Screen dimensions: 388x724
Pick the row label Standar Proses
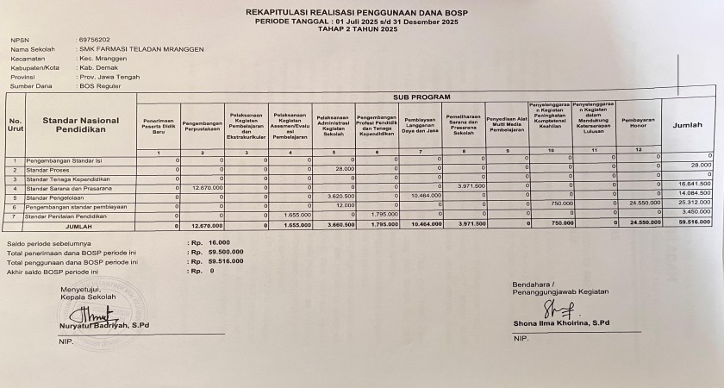tap(51, 169)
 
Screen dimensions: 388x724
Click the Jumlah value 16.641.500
tap(694, 184)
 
